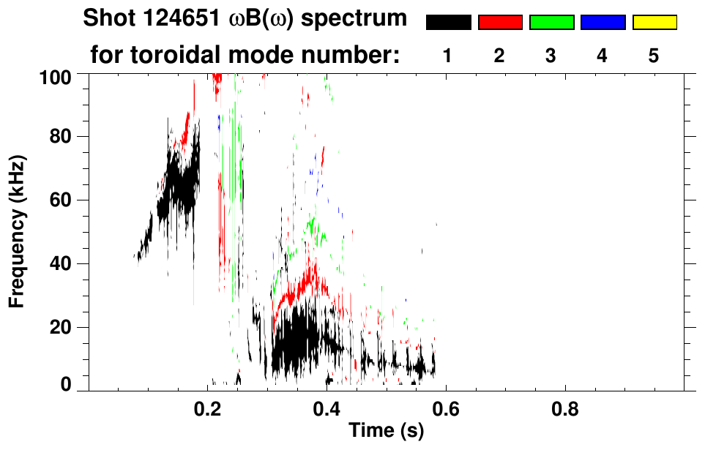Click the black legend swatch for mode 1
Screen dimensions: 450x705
(449, 23)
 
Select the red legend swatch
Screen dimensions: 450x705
(500, 23)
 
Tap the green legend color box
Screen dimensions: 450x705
(551, 23)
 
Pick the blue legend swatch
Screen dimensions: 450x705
(603, 23)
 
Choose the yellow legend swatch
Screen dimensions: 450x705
(654, 23)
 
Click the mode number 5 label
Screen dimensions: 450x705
(654, 56)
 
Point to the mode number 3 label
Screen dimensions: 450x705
(551, 56)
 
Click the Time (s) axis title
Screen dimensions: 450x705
(386, 432)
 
